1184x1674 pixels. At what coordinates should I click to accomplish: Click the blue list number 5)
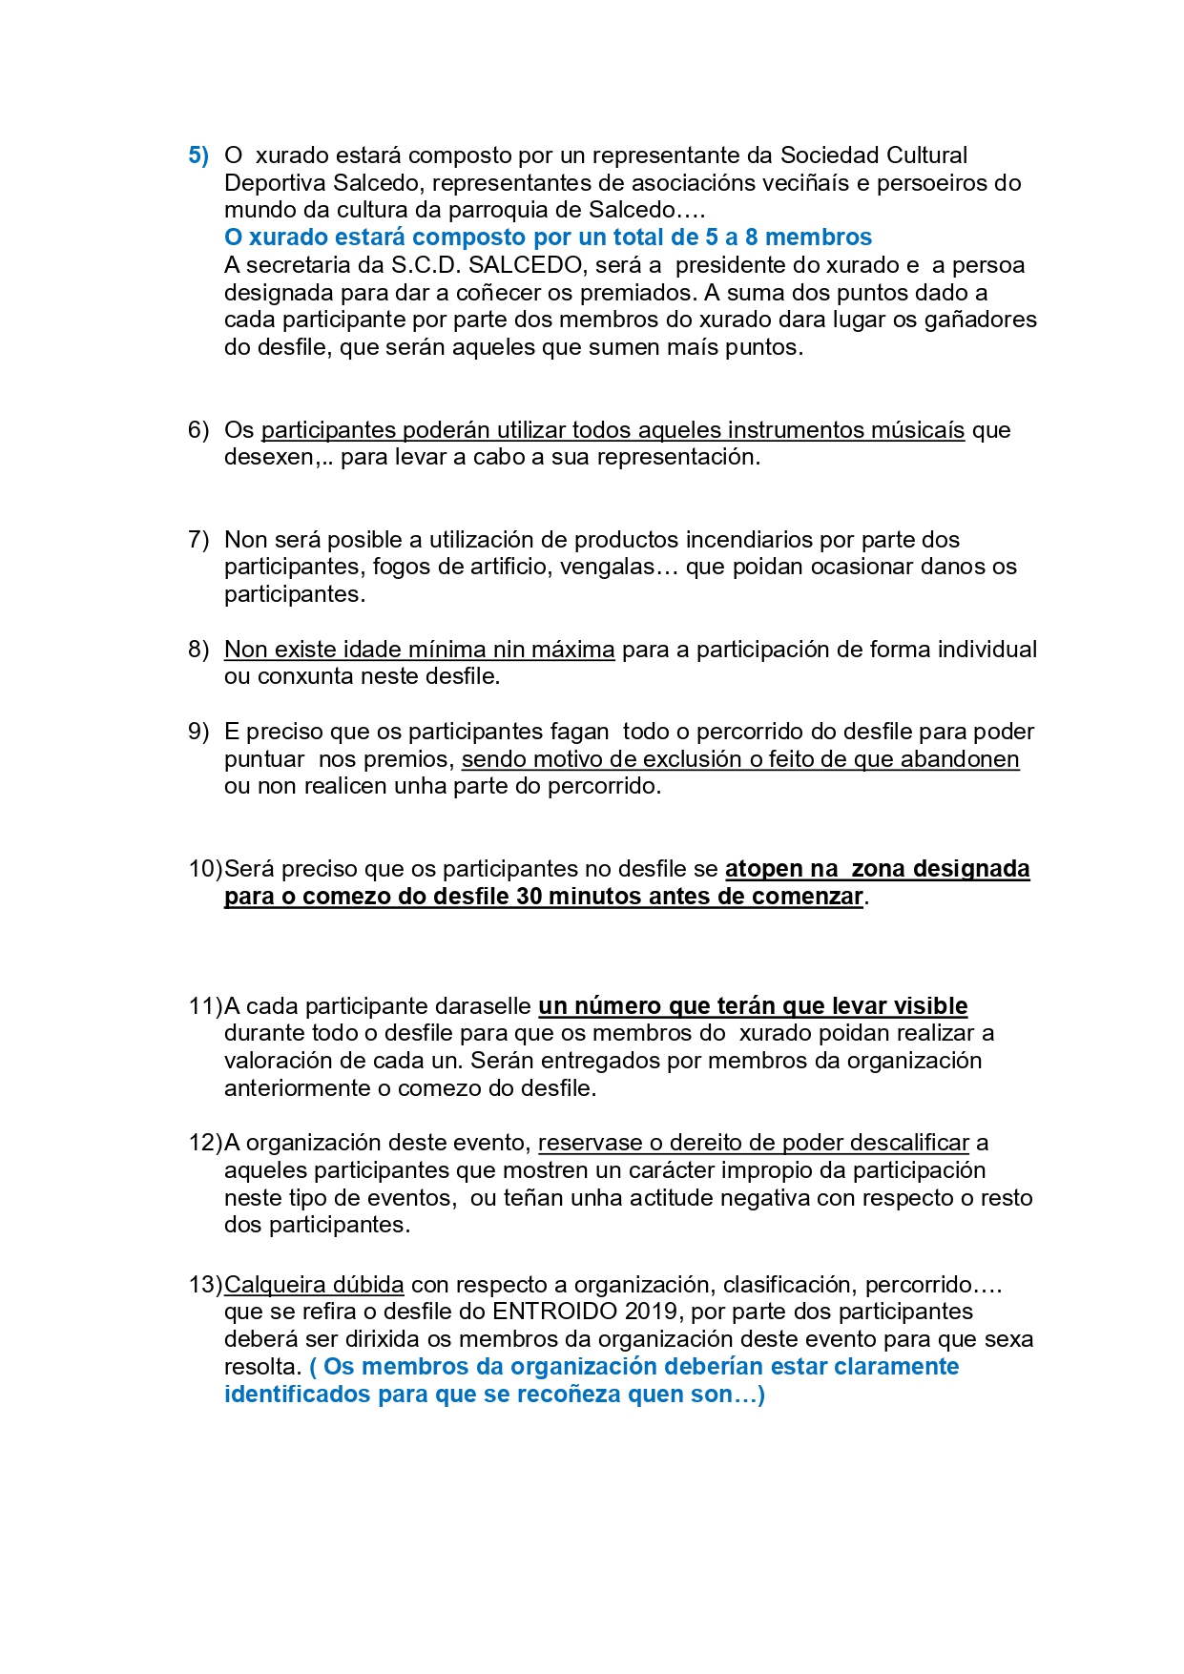click(x=197, y=155)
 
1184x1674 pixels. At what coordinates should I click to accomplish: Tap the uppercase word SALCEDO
click(x=525, y=265)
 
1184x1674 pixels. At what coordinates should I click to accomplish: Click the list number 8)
click(x=197, y=650)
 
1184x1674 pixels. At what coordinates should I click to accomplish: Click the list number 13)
click(x=204, y=1285)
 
